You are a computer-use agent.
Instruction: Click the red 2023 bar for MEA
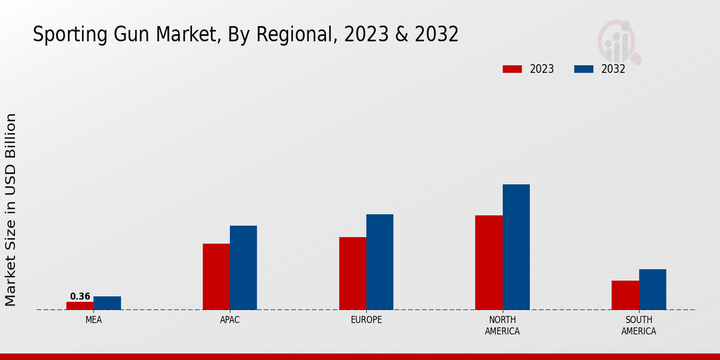(x=80, y=305)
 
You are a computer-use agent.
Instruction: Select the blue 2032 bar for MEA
(x=107, y=303)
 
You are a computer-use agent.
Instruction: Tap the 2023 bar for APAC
(x=216, y=277)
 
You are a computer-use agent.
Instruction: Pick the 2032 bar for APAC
(x=243, y=268)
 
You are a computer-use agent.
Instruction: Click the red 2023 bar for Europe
(x=352, y=273)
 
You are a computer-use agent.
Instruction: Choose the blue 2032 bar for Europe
(x=380, y=262)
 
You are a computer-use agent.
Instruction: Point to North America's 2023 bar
(x=488, y=262)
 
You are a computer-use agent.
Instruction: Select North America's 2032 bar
(x=516, y=247)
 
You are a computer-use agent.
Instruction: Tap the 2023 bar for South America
(x=625, y=295)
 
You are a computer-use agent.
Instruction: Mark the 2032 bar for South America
(x=652, y=289)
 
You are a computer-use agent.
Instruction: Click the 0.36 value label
(x=80, y=296)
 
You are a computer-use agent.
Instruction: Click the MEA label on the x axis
(x=94, y=320)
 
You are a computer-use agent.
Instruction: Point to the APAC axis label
(x=230, y=320)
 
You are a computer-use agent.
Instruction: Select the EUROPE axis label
(x=366, y=320)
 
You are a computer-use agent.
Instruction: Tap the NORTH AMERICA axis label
(x=503, y=325)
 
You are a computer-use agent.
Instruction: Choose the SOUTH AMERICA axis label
(x=638, y=325)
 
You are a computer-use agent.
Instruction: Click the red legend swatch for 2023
(x=512, y=69)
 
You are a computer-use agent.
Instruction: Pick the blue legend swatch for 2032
(x=583, y=69)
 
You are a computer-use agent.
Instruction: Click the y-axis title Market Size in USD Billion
(x=11, y=209)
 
